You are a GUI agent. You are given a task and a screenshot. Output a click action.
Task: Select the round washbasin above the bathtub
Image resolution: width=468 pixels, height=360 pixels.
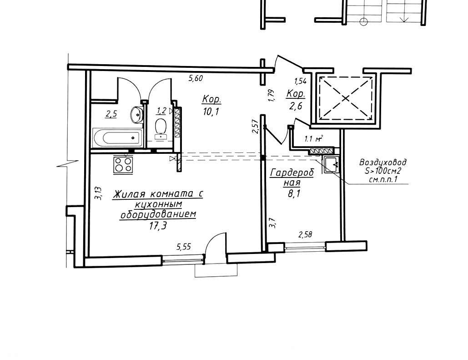coord(137,114)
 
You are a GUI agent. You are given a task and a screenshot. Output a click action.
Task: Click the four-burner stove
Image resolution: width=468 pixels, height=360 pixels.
coord(123,164)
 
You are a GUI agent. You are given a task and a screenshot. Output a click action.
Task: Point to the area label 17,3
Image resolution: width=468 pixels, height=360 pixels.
coord(158,226)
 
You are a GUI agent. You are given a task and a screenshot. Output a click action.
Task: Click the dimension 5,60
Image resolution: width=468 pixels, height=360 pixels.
coord(196,79)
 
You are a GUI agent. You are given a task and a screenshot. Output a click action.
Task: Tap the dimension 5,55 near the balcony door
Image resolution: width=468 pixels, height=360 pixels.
coord(184,247)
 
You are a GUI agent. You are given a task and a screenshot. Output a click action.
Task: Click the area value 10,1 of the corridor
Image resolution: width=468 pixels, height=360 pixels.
coord(211,112)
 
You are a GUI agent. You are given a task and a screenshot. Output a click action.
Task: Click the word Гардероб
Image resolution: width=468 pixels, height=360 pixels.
coord(292,173)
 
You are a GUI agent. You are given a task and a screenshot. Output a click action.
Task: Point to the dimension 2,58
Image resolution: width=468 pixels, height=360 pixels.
coord(305,234)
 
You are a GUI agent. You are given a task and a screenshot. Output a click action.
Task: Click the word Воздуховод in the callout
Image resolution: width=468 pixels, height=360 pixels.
coord(383,162)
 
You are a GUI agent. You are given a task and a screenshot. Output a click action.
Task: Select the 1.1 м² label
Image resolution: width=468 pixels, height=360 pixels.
coord(313,139)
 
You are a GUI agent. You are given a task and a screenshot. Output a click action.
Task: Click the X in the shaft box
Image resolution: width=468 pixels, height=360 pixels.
coord(346,99)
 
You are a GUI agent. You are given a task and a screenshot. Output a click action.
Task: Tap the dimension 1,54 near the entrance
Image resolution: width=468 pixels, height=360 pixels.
coord(300,81)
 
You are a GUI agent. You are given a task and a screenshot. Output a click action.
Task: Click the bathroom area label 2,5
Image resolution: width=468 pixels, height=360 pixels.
coord(111,114)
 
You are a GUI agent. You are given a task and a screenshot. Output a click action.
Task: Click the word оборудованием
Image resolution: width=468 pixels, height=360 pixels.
coord(158,215)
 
